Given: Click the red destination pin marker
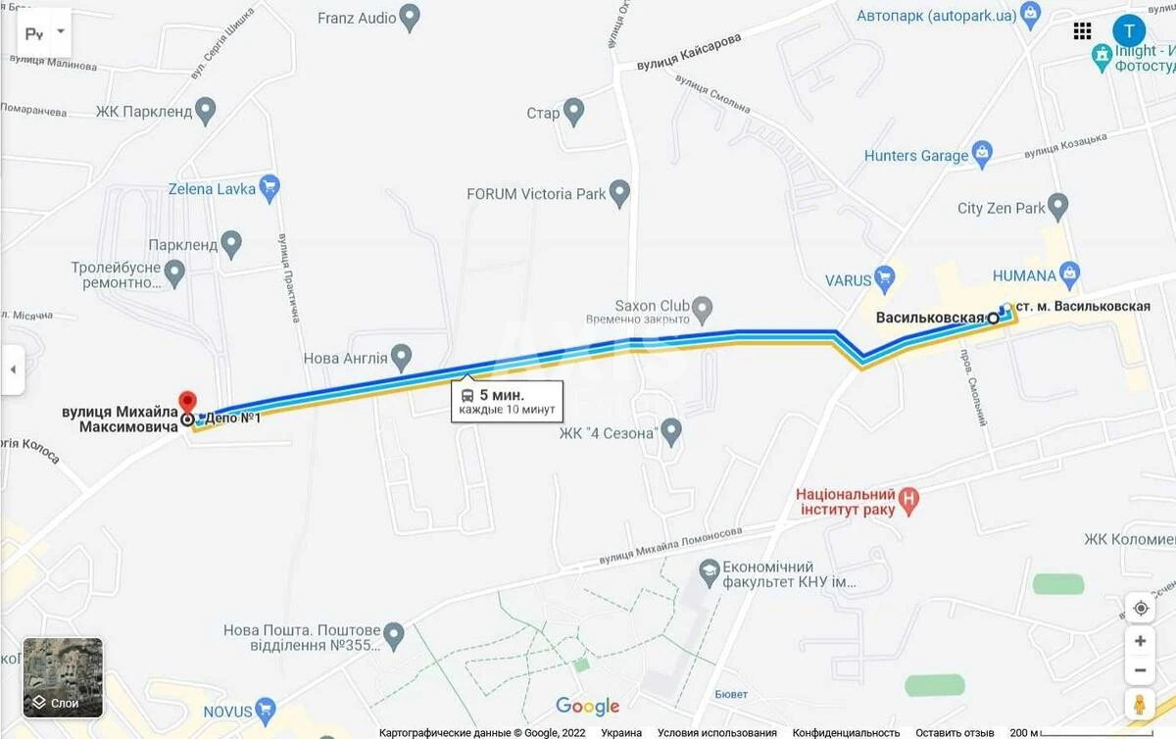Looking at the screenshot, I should (186, 402).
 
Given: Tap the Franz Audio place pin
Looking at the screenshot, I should (411, 17).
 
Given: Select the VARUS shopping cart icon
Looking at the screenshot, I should (885, 277).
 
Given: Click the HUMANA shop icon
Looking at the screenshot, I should (1070, 273).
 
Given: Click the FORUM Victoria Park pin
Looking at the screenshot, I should (619, 192).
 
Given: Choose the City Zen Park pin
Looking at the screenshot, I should (1057, 206).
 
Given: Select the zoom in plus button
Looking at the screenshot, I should (1140, 641).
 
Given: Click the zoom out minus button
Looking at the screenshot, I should (1140, 671).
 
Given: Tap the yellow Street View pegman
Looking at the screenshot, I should (1140, 705).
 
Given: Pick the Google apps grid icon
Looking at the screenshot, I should (1083, 30).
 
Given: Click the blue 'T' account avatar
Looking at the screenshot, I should (1129, 30).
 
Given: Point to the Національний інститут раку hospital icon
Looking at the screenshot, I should (909, 502).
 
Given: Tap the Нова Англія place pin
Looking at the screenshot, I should (400, 357).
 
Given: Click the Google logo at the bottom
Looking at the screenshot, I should (588, 706).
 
